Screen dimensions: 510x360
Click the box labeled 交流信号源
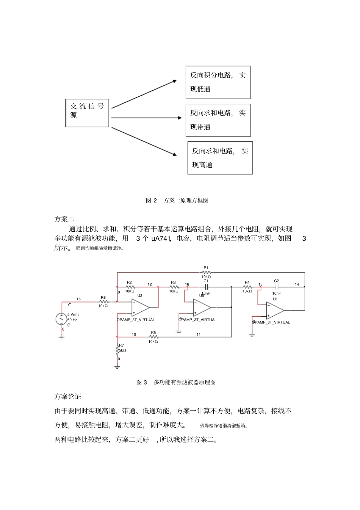[87, 113]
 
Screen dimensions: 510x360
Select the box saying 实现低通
[218, 82]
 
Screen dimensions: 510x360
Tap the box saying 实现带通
[218, 120]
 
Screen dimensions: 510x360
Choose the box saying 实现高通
[220, 158]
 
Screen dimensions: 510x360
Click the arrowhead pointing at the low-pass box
[174, 81]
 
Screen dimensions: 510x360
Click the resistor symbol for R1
[206, 272]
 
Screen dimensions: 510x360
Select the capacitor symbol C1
[207, 287]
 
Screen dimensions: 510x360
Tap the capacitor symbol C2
[277, 287]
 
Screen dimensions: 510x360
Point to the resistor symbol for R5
[153, 336]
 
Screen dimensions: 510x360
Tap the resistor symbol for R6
[103, 302]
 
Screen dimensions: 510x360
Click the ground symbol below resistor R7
[117, 366]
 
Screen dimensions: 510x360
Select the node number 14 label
[297, 284]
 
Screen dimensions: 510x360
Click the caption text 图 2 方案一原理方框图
[177, 200]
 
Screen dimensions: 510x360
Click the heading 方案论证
[68, 397]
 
